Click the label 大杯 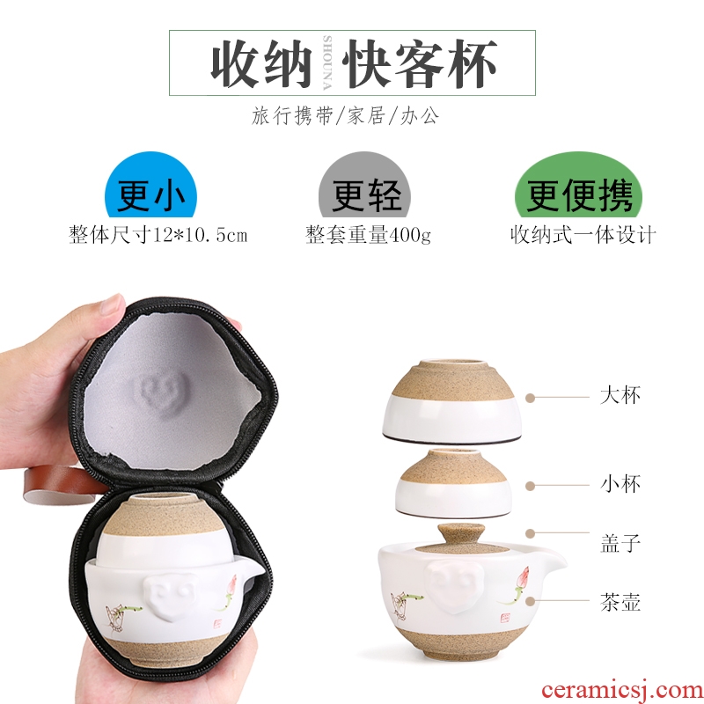pyautogui.click(x=620, y=395)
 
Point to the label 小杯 pyautogui.click(x=620, y=484)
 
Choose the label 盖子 pyautogui.click(x=620, y=542)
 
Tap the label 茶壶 pyautogui.click(x=620, y=602)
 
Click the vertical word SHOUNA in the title pyautogui.click(x=327, y=62)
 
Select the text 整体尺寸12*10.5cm pyautogui.click(x=158, y=235)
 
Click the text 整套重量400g pyautogui.click(x=368, y=235)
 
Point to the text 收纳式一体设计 pyautogui.click(x=583, y=235)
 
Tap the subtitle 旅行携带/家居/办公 pyautogui.click(x=345, y=116)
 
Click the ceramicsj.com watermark pyautogui.click(x=622, y=690)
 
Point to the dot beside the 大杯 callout pyautogui.click(x=531, y=398)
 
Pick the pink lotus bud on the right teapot pyautogui.click(x=524, y=576)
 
